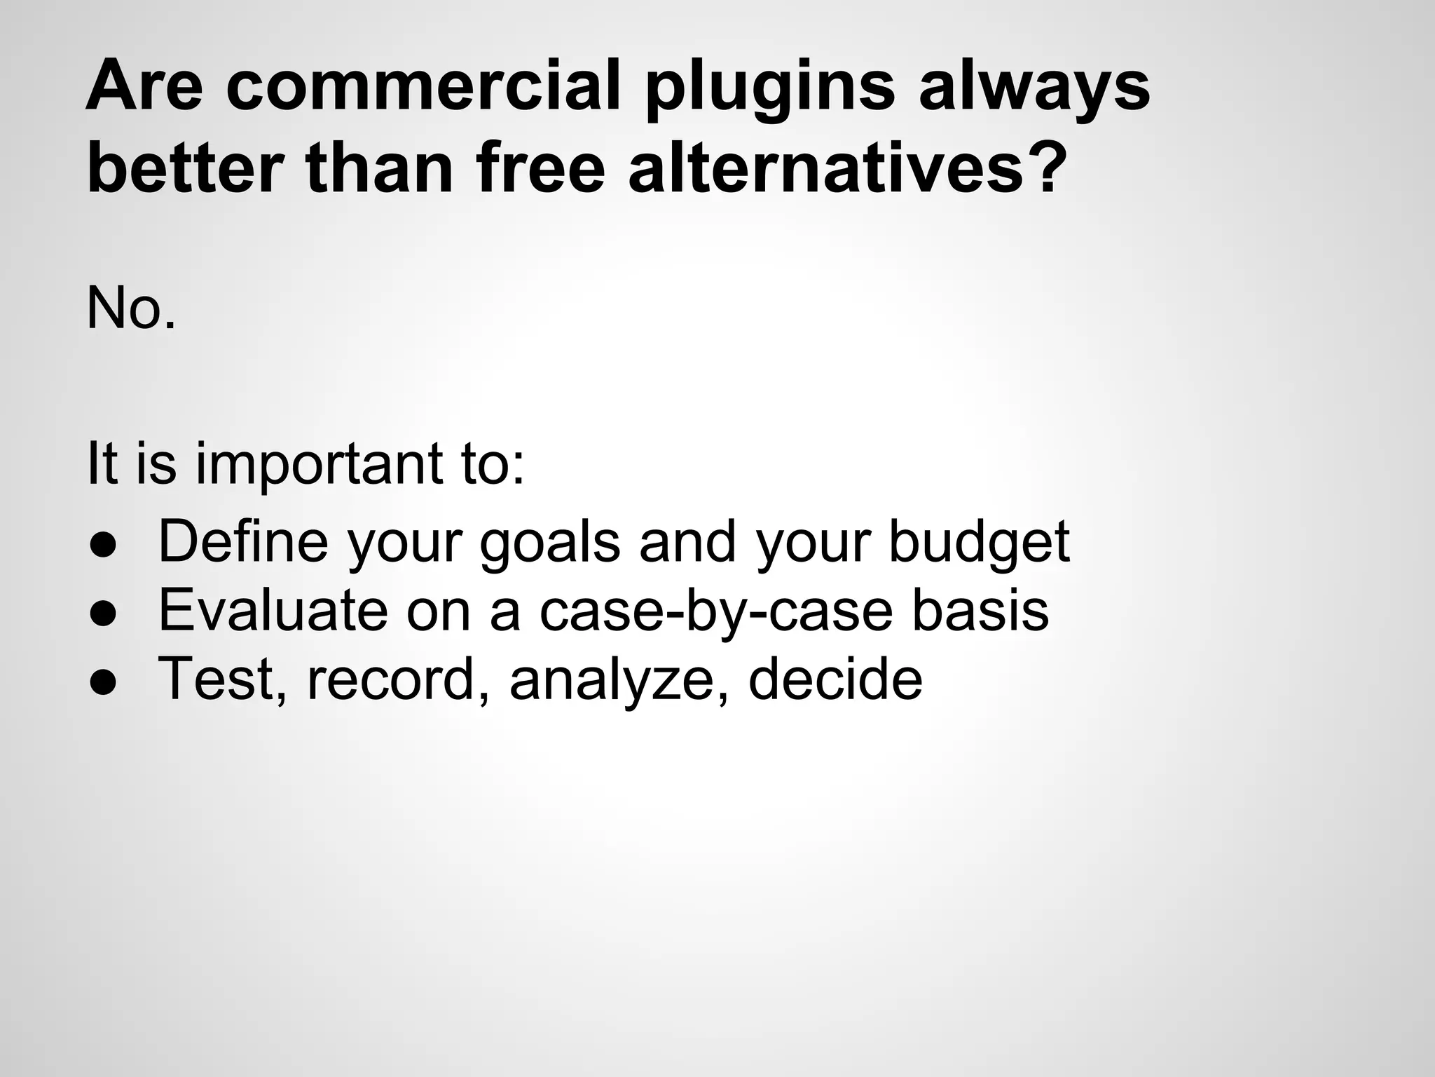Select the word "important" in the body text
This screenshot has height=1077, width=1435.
coord(320,465)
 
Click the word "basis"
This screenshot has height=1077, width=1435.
coord(980,610)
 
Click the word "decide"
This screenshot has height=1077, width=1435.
coord(835,679)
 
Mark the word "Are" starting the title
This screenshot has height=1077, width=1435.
coord(144,87)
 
